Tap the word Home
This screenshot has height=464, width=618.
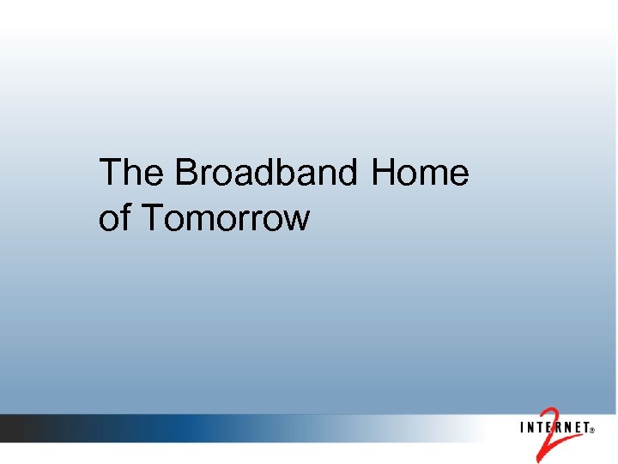[x=421, y=173]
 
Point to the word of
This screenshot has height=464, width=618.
[x=113, y=218]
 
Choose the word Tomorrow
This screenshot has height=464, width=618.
[x=224, y=218]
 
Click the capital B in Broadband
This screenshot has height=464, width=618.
[x=186, y=173]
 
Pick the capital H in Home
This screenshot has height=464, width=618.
[x=384, y=173]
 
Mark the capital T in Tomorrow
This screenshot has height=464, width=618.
[x=150, y=218]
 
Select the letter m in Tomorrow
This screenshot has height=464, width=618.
[x=207, y=221]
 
